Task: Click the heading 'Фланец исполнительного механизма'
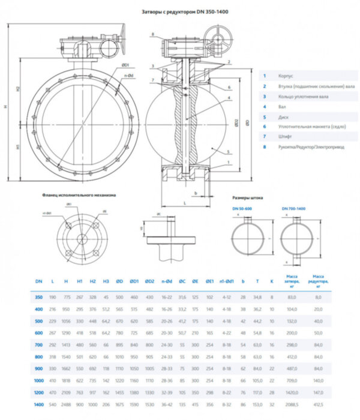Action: [x=79, y=195]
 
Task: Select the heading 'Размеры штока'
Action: [x=247, y=197]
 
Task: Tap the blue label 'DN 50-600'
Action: [x=242, y=208]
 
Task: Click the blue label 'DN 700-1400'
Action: [x=293, y=208]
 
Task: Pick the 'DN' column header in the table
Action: [x=38, y=281]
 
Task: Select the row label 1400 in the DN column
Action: [x=38, y=406]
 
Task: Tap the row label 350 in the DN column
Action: [x=38, y=297]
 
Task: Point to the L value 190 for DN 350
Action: [x=53, y=297]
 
